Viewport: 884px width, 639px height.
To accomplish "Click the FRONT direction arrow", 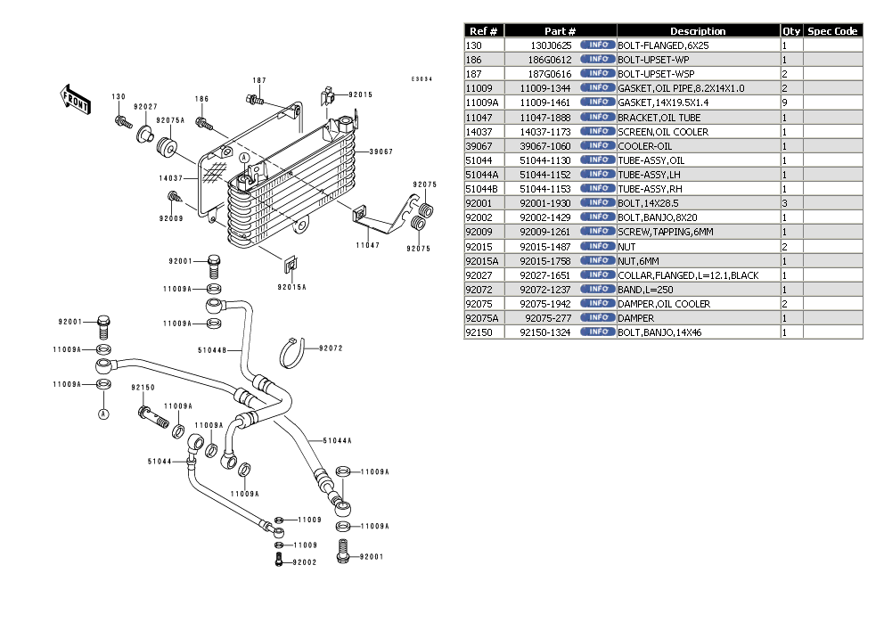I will [x=74, y=98].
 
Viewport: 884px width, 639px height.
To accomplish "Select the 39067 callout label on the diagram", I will [x=381, y=152].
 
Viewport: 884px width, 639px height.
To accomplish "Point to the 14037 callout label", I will [x=171, y=178].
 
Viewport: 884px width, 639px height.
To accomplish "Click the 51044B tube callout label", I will [x=211, y=350].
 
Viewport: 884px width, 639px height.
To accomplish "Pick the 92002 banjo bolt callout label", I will [x=305, y=562].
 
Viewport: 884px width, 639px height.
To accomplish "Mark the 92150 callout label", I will [x=143, y=388].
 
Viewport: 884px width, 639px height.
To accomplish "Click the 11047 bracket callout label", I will [x=368, y=244].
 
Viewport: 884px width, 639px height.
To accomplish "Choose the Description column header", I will [x=698, y=31].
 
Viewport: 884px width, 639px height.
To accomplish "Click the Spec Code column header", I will [x=832, y=31].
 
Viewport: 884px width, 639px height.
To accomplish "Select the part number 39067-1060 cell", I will [x=545, y=146].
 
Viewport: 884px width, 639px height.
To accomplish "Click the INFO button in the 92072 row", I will [x=596, y=290].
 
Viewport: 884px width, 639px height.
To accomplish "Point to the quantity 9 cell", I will [x=784, y=102].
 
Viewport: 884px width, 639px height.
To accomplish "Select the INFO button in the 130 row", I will [x=596, y=45].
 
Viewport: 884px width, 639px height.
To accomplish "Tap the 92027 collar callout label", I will [x=145, y=106].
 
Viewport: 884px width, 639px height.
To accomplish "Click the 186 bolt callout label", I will [x=202, y=99].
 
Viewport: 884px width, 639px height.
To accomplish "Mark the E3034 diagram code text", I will [x=422, y=79].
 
